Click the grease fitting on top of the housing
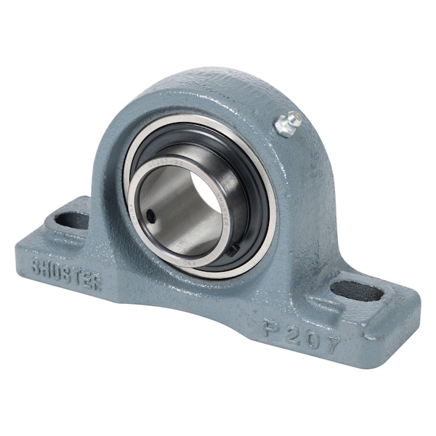click(288, 124)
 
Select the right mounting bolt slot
click(357, 291)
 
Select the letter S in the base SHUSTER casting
click(36, 265)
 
